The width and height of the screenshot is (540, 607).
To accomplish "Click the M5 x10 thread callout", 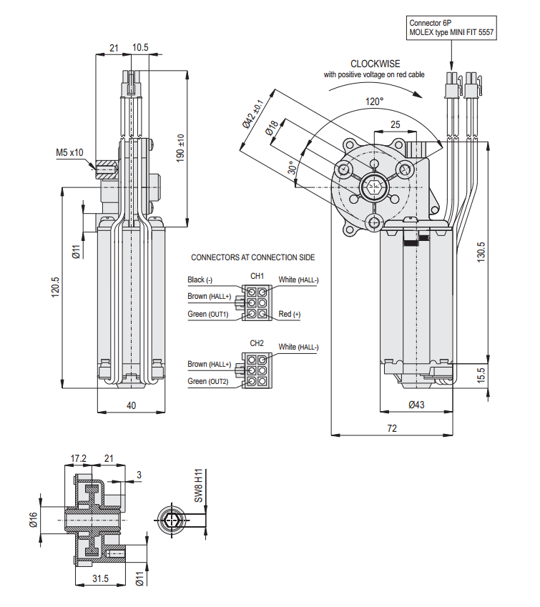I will pos(70,152).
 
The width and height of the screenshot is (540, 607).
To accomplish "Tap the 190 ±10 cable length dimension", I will pos(181,147).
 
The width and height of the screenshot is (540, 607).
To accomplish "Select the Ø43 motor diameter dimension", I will pos(416,405).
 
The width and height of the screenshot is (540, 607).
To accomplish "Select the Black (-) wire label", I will pos(200,280).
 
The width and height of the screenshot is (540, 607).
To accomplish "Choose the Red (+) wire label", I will pos(290,314).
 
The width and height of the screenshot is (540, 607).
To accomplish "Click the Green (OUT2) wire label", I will pos(208,381).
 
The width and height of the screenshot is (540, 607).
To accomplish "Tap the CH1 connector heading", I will pos(257,275).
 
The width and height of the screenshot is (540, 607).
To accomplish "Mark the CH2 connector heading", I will pos(257,343).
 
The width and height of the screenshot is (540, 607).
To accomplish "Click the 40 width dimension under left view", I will pos(131,405).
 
